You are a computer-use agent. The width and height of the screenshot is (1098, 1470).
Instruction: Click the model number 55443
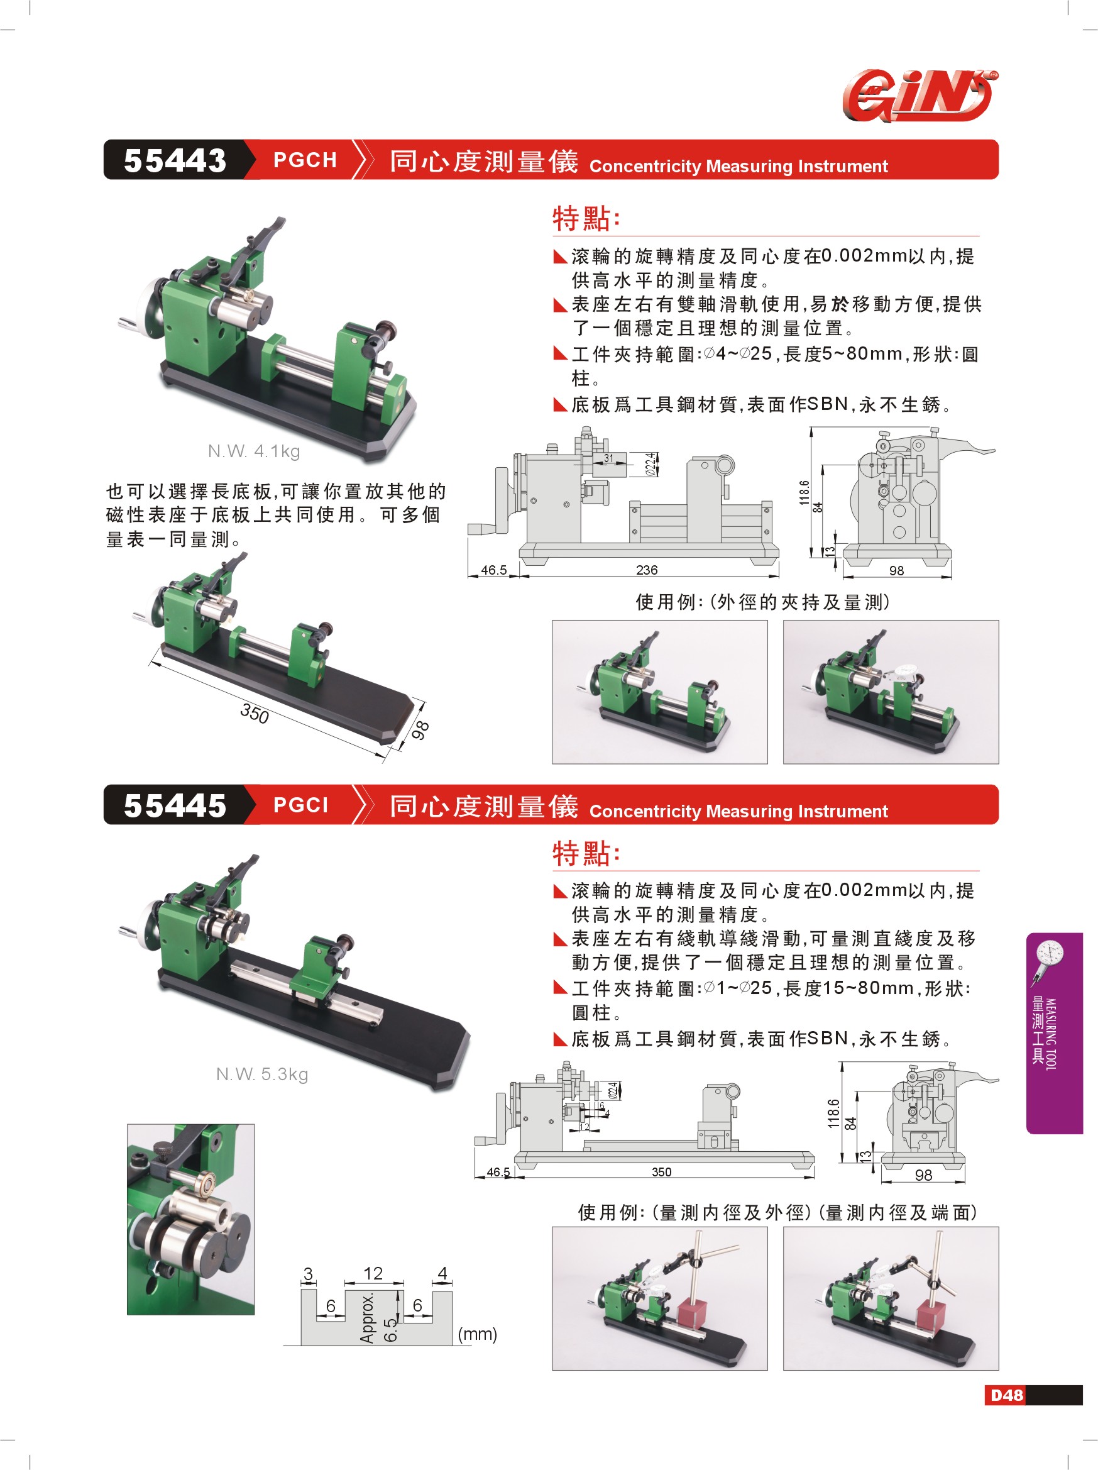pos(175,160)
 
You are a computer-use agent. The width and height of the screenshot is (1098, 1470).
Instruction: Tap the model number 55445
pos(175,805)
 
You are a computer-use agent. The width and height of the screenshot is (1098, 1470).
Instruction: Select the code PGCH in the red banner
pos(305,160)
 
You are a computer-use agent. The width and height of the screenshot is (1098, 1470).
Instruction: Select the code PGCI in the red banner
pos(301,805)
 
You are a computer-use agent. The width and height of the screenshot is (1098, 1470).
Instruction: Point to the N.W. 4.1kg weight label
pos(254,451)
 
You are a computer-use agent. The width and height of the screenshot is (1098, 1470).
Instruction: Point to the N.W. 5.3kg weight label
pos(261,1074)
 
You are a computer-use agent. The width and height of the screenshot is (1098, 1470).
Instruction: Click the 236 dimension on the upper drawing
pos(646,570)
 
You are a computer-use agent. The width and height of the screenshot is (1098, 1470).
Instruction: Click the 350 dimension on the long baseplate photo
pos(255,714)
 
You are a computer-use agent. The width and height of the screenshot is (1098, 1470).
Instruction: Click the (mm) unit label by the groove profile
pos(477,1334)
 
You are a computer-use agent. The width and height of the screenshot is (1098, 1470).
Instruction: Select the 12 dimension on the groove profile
pos(373,1273)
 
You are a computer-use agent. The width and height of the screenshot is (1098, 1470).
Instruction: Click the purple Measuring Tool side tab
pos(1054,1034)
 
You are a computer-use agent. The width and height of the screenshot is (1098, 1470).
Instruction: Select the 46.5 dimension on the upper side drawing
pos(493,570)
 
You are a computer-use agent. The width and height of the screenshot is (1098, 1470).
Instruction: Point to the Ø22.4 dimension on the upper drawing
pos(651,465)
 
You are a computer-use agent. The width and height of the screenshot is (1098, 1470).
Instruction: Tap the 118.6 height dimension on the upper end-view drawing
pos(804,492)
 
